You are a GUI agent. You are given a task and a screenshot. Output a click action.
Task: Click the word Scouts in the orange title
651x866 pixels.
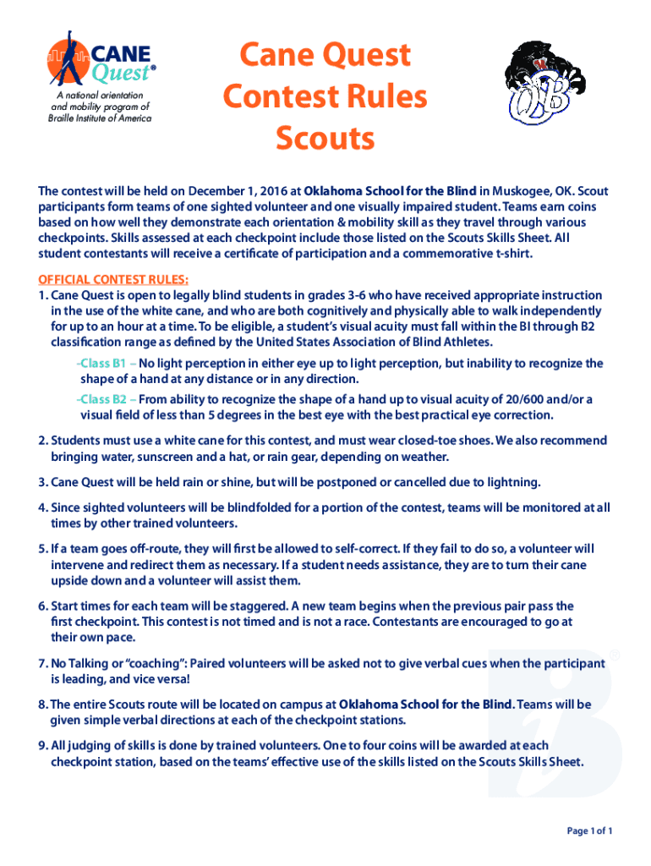tap(325, 138)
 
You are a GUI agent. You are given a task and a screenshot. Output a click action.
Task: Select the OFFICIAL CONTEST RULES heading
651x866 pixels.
tap(113, 280)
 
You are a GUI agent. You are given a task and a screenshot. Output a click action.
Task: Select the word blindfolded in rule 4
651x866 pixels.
tap(245, 507)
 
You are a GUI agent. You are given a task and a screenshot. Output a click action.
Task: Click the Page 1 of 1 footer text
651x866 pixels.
tap(589, 831)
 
